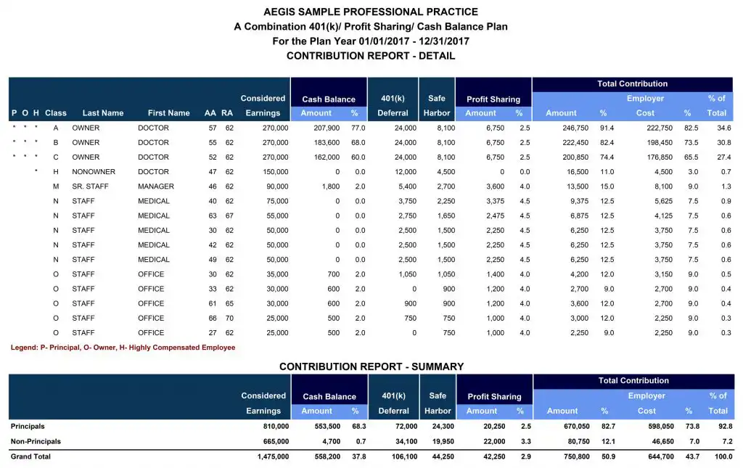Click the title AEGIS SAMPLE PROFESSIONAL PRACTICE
pyautogui.click(x=371, y=12)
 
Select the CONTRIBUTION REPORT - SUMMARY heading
pyautogui.click(x=371, y=366)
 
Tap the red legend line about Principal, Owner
pyautogui.click(x=123, y=348)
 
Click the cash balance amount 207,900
pyautogui.click(x=327, y=128)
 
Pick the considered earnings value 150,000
pyautogui.click(x=275, y=172)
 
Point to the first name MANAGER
pyautogui.click(x=156, y=186)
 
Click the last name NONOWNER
pyautogui.click(x=94, y=172)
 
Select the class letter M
pyautogui.click(x=56, y=186)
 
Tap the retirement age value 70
pyautogui.click(x=229, y=319)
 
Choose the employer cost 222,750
pyautogui.click(x=660, y=128)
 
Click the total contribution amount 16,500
pyautogui.click(x=578, y=172)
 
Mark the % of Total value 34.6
pyautogui.click(x=724, y=128)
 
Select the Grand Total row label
pyautogui.click(x=30, y=456)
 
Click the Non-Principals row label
pyautogui.click(x=36, y=441)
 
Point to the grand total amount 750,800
pyautogui.click(x=577, y=456)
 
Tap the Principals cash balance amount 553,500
pyautogui.click(x=327, y=427)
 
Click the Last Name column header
pyautogui.click(x=103, y=113)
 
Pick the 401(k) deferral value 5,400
pyautogui.click(x=407, y=186)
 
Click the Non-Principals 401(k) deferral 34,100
pyautogui.click(x=406, y=441)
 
